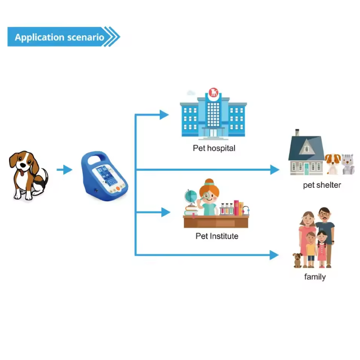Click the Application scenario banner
pos(59,37)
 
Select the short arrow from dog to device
pos(64,170)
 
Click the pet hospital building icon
pos(214,114)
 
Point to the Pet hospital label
pos(214,148)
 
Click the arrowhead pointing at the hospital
pos(165,114)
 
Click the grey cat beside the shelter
pos(348,164)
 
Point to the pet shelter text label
pos(322,185)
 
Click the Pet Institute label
pos(217,236)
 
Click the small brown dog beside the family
pos(298,260)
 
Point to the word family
pos(315,277)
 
